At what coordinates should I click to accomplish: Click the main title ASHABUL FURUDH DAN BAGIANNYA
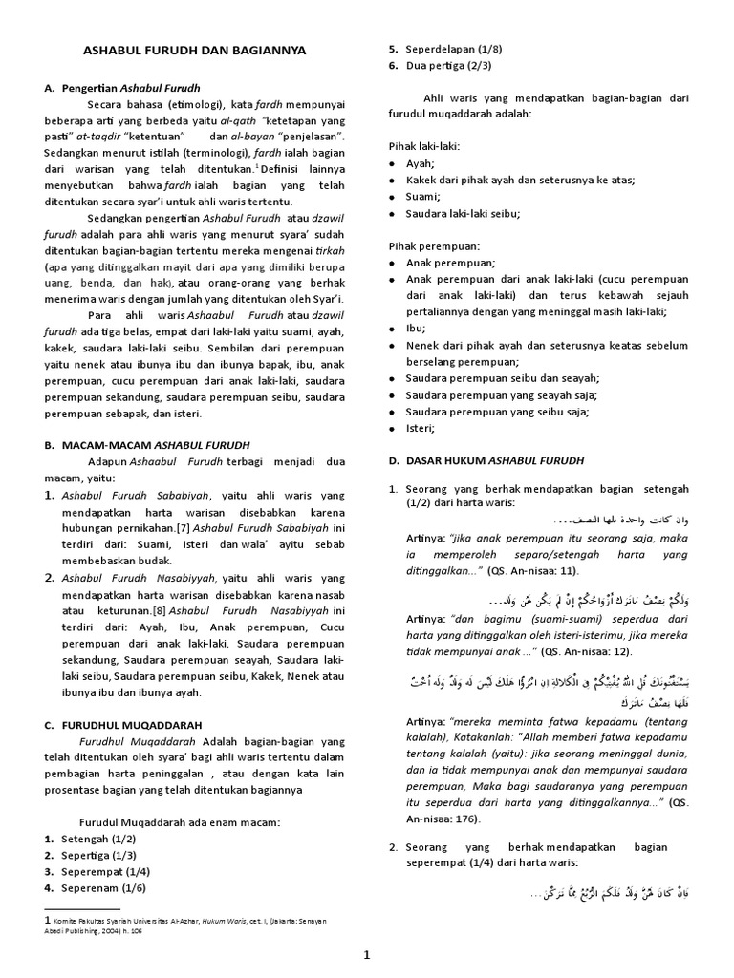coord(189,49)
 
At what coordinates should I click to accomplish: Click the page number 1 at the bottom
coord(367,955)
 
